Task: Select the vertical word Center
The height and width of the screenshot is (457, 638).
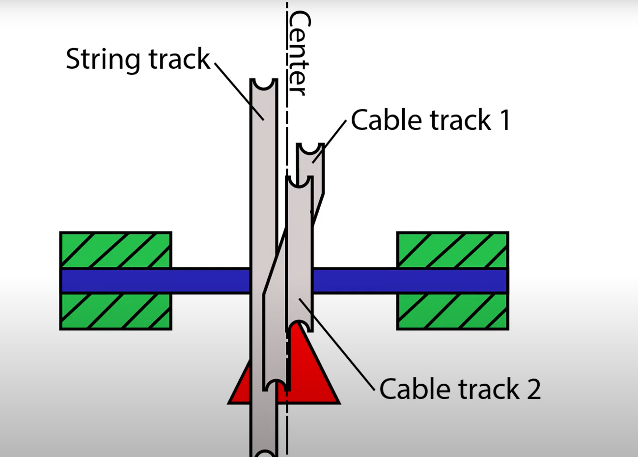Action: click(299, 53)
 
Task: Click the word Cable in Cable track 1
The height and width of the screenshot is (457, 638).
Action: click(386, 120)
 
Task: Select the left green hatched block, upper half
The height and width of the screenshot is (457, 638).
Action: click(115, 250)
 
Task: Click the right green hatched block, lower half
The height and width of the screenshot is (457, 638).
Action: click(452, 312)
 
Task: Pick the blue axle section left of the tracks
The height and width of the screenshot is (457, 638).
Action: click(155, 281)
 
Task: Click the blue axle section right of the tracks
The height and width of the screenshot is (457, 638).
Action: click(410, 281)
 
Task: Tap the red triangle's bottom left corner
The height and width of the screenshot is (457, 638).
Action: click(228, 403)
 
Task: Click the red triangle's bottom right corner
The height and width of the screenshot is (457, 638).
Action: click(339, 403)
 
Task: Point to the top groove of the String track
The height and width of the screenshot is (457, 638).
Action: click(264, 85)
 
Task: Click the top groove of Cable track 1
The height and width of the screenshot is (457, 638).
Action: click(310, 149)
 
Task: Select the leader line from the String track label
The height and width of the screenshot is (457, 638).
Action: click(239, 91)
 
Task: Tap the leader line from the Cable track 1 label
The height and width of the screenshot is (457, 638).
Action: click(329, 142)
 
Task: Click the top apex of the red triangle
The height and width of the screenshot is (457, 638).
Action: click(298, 322)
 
